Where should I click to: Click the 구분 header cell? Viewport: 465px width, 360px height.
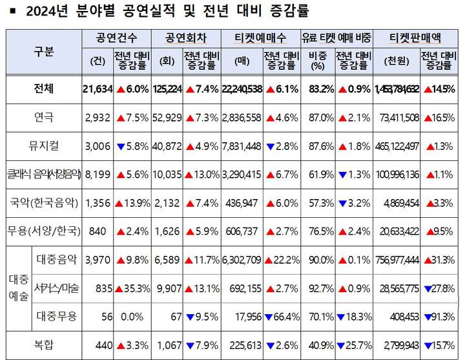tap(45, 51)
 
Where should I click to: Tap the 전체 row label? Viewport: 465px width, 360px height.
tap(45, 89)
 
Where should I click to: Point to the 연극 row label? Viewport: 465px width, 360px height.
tap(45, 118)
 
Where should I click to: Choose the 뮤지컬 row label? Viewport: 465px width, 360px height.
tap(45, 145)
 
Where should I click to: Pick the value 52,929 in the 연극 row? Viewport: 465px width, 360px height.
tap(169, 118)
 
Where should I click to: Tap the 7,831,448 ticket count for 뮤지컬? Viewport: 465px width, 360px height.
tap(241, 146)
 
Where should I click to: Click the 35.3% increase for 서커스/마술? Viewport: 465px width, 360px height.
tap(133, 288)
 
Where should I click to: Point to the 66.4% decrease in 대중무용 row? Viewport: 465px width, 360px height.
tap(279, 316)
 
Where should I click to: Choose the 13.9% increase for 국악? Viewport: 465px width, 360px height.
tap(133, 203)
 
